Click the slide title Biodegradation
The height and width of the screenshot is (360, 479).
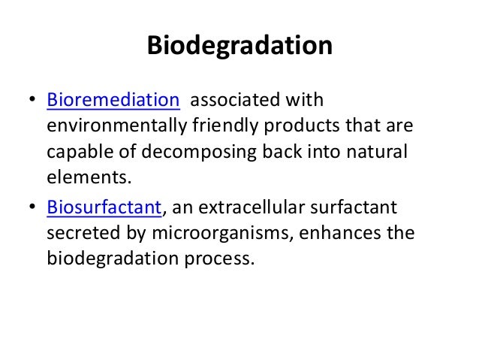[239, 46]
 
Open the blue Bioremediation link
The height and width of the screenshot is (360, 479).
[113, 100]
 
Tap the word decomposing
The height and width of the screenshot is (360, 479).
[213, 153]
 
